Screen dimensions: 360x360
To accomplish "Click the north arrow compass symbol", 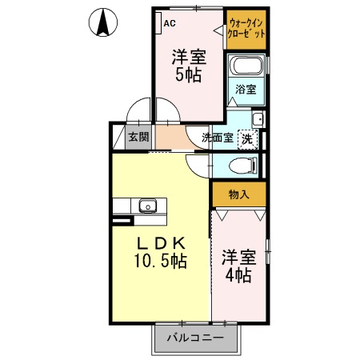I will pyautogui.click(x=103, y=22).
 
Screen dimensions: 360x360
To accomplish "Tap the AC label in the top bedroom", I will pyautogui.click(x=169, y=23).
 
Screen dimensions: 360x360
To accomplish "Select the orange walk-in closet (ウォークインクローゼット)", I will pyautogui.click(x=246, y=30).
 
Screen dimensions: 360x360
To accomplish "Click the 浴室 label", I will pyautogui.click(x=246, y=90).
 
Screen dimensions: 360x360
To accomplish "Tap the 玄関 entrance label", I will pyautogui.click(x=138, y=137).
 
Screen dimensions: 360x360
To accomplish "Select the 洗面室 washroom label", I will pyautogui.click(x=217, y=138).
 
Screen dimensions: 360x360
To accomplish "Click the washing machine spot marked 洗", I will pyautogui.click(x=248, y=138).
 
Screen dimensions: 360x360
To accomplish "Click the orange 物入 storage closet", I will pyautogui.click(x=238, y=194).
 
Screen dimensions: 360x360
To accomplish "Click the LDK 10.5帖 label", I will pyautogui.click(x=159, y=252).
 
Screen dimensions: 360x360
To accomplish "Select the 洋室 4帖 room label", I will pyautogui.click(x=238, y=266).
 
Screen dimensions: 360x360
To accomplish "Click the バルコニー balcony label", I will pyautogui.click(x=195, y=338).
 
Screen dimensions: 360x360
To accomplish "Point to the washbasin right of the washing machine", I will pyautogui.click(x=258, y=120).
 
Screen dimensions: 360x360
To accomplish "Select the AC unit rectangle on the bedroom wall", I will pyautogui.click(x=158, y=22).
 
